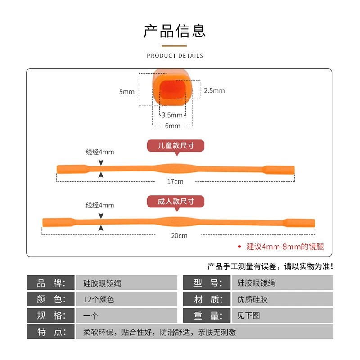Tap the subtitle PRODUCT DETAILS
tap(175, 56)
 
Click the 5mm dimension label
tap(127, 92)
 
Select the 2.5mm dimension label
tap(214, 90)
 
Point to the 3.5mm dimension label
tap(172, 115)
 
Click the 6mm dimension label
tap(172, 126)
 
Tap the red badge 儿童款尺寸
tap(175, 146)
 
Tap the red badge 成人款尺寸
tap(175, 201)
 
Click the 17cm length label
tap(175, 181)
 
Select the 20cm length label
tap(179, 235)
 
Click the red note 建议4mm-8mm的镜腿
tap(285, 247)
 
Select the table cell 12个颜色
tap(99, 299)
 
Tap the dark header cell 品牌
tap(51, 283)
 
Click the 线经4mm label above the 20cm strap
tap(100, 205)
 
